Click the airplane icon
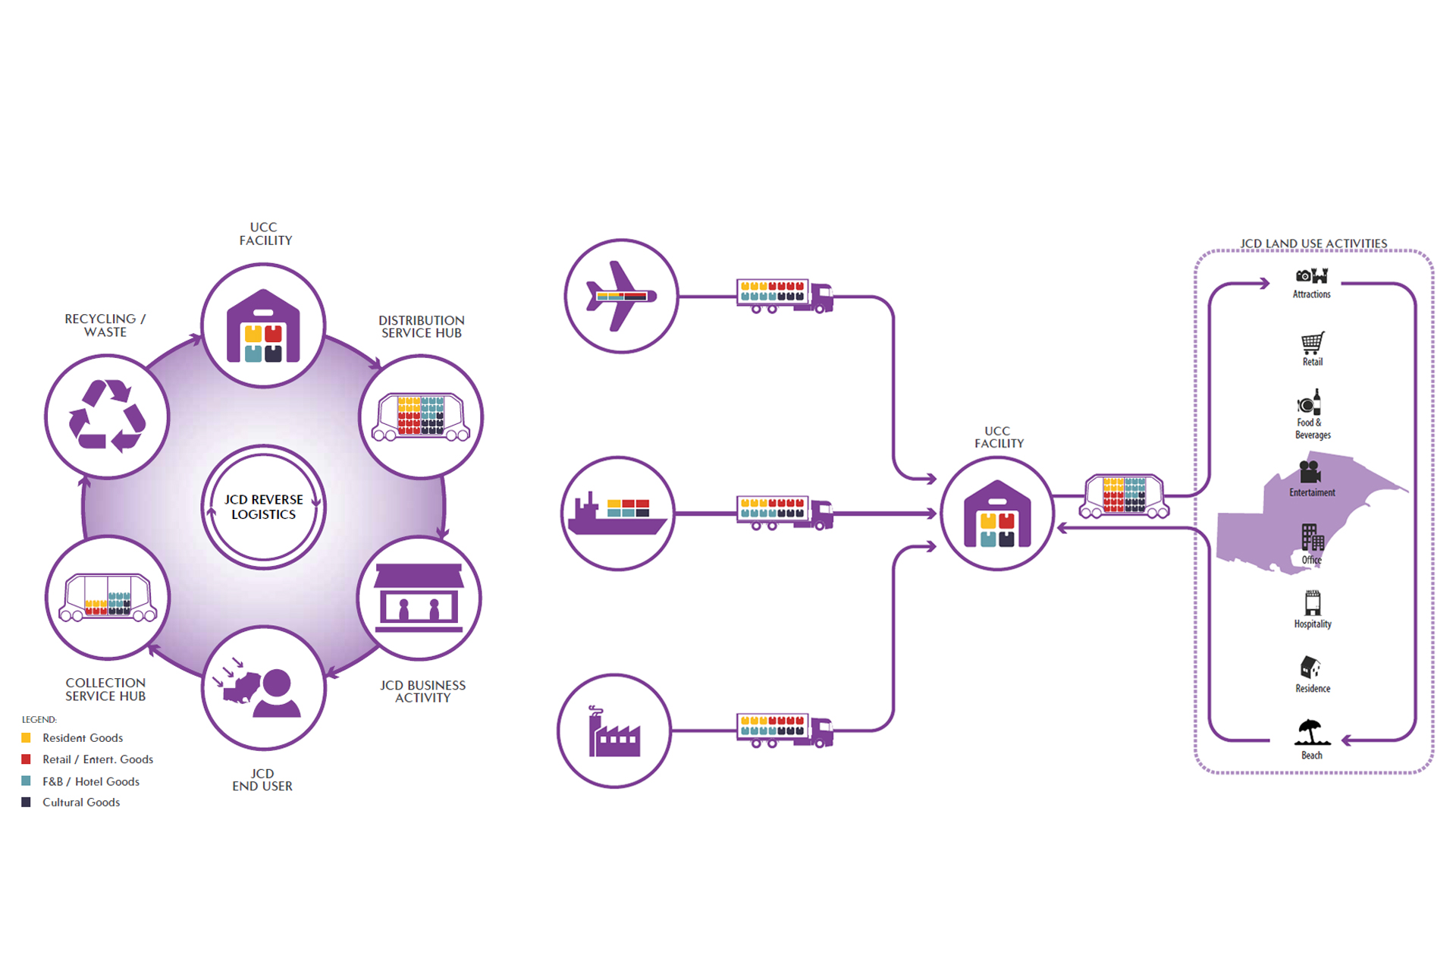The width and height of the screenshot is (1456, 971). (x=621, y=296)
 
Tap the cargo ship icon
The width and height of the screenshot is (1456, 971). (x=617, y=514)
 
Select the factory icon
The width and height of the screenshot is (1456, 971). (x=613, y=732)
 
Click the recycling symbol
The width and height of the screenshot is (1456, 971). (x=107, y=416)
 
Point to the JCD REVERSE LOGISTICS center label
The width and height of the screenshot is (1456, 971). (x=263, y=507)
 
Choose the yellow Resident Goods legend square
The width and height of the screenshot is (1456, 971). (x=27, y=737)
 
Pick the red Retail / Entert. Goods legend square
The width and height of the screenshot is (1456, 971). (x=27, y=759)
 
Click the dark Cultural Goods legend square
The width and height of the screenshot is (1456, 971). (x=27, y=802)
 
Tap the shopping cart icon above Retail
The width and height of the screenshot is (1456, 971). (x=1313, y=343)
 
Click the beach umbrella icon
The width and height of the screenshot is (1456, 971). (x=1311, y=734)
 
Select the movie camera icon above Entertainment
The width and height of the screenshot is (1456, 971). (x=1310, y=472)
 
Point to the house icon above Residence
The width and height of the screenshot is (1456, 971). (x=1311, y=668)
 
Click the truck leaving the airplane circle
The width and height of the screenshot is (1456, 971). (x=785, y=296)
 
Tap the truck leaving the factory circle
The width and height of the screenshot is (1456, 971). (x=785, y=731)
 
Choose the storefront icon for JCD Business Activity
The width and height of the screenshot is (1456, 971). (x=419, y=598)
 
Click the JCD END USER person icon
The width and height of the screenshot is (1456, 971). (x=275, y=692)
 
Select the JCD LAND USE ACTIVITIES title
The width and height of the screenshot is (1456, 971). (x=1313, y=244)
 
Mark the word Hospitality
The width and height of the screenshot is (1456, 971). (x=1313, y=624)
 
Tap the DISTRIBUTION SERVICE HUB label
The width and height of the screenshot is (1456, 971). (x=422, y=327)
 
